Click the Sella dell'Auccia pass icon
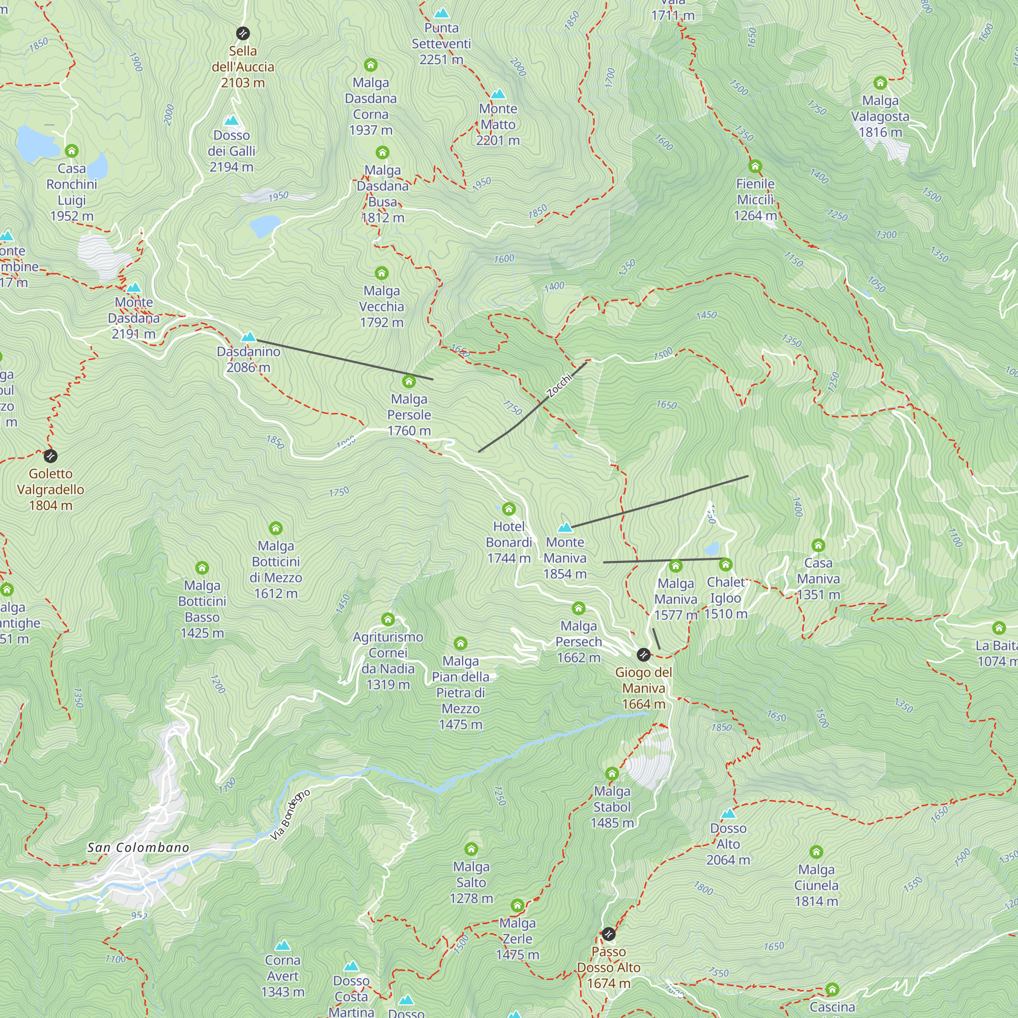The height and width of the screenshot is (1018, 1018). [x=242, y=33]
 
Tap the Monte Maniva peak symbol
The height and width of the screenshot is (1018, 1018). [x=565, y=527]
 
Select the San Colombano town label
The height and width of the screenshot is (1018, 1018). [x=138, y=848]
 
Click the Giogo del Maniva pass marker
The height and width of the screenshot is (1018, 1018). [x=643, y=655]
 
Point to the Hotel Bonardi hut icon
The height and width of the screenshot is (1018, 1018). [x=508, y=509]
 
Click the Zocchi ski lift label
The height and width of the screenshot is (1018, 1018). [x=559, y=385]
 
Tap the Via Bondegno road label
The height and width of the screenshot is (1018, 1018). [x=290, y=815]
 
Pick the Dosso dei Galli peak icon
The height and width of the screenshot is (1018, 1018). [x=231, y=121]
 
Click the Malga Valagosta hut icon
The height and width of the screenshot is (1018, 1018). [x=880, y=83]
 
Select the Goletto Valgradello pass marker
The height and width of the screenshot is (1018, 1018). [x=50, y=456]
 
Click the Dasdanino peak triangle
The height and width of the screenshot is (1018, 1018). [x=248, y=336]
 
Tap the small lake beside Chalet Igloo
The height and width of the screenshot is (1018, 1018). [x=712, y=549]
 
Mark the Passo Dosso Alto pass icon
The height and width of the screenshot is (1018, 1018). [x=609, y=934]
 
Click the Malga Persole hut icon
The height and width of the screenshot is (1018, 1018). [x=409, y=381]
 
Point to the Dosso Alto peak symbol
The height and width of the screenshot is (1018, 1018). [x=728, y=813]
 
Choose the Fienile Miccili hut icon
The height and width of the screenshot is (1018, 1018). [x=755, y=166]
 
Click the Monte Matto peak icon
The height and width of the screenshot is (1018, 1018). [x=498, y=94]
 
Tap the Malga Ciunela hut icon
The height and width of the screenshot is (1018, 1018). [x=816, y=852]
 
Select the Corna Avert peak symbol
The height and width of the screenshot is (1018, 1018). [x=283, y=945]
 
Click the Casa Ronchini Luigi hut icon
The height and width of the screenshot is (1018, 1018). [x=72, y=151]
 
